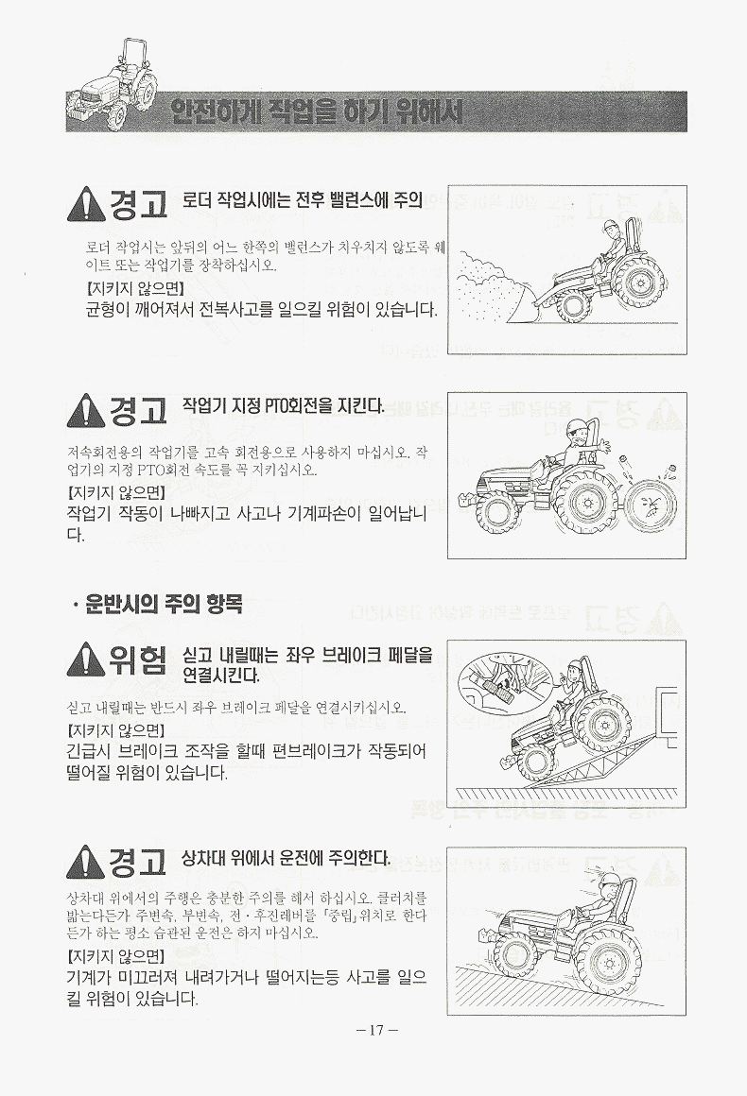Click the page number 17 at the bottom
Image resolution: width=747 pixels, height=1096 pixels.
pyautogui.click(x=376, y=1029)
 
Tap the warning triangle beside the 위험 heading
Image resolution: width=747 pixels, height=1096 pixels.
pyautogui.click(x=86, y=659)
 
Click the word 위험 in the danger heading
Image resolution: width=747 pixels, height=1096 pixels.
pyautogui.click(x=138, y=659)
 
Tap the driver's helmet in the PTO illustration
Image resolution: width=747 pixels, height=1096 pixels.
pyautogui.click(x=576, y=426)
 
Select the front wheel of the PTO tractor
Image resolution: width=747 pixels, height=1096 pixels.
pyautogui.click(x=498, y=514)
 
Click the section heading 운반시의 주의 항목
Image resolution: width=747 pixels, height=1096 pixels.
pyautogui.click(x=164, y=604)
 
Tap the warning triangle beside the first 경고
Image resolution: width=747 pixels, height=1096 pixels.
pyautogui.click(x=86, y=203)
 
